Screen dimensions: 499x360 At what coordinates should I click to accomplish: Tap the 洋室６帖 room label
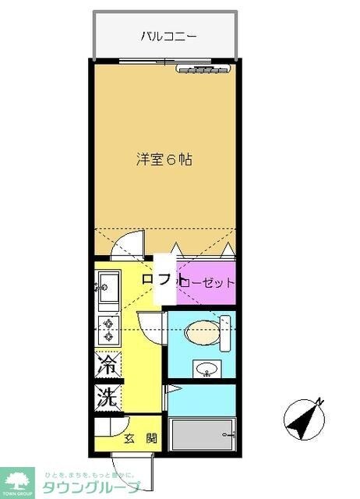(x=164, y=159)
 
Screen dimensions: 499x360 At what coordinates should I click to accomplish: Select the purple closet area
(x=207, y=282)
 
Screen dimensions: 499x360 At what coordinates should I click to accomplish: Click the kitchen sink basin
(x=108, y=283)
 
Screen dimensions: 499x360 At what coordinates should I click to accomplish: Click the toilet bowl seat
(x=201, y=331)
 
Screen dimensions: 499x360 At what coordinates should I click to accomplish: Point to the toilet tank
(x=226, y=330)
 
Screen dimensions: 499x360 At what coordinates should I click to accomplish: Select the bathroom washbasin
(x=206, y=369)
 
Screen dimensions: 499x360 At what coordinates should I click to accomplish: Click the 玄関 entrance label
(x=140, y=439)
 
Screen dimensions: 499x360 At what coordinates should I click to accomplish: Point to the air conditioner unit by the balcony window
(x=201, y=69)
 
